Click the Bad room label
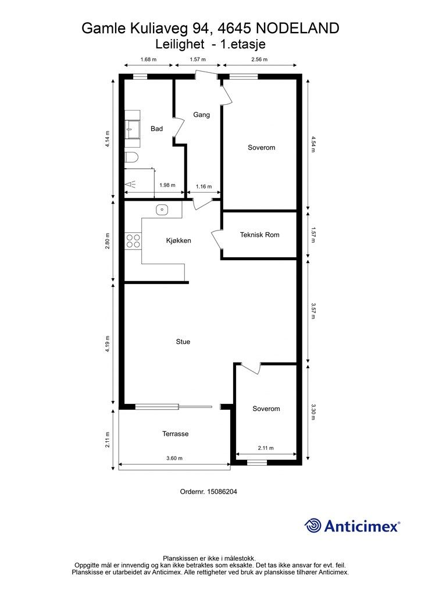click(156, 129)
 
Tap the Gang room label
click(201, 115)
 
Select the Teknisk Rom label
click(260, 235)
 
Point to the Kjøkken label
click(179, 240)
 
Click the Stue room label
click(183, 342)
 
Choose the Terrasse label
click(176, 434)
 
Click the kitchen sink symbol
click(162, 210)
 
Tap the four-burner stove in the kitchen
click(133, 241)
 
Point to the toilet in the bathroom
click(131, 158)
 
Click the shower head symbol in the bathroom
click(130, 185)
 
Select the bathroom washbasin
click(133, 129)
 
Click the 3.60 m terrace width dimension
click(174, 459)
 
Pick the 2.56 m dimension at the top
click(259, 59)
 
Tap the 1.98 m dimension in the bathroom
click(167, 186)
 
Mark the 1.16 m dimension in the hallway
click(204, 187)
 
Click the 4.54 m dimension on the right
click(313, 144)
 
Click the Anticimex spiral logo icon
click(313, 526)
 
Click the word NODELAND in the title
click(298, 29)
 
